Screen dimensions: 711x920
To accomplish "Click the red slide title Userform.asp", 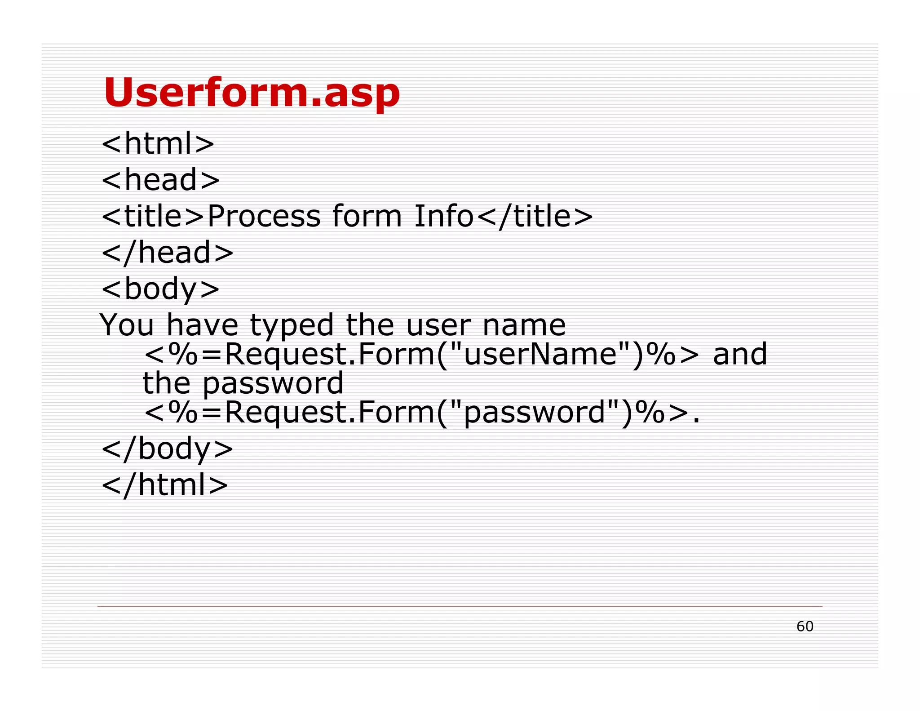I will (x=252, y=93).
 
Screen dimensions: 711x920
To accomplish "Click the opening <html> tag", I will (x=158, y=144).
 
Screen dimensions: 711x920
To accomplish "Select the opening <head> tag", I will (x=160, y=180).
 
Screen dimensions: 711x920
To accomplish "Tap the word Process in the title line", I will (x=264, y=216).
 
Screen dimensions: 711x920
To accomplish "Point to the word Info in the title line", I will (x=443, y=216).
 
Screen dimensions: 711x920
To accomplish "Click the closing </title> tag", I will (x=534, y=216).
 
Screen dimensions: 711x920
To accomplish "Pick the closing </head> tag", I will (x=168, y=252).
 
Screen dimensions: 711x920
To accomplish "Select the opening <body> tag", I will (x=160, y=289).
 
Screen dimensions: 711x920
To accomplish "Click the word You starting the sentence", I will (x=127, y=325).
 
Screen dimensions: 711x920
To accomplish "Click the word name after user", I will (x=524, y=325).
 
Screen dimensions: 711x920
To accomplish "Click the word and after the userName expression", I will (x=740, y=354).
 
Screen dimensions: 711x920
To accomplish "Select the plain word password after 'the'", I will (x=273, y=384).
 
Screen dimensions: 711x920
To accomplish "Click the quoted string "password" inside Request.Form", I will (x=535, y=413).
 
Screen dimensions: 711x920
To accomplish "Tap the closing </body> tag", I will (x=168, y=449).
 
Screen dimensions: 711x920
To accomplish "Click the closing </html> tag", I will (x=165, y=485).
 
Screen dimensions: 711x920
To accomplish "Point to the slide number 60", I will (x=805, y=627).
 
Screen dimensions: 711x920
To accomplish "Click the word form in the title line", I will (x=367, y=216).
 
